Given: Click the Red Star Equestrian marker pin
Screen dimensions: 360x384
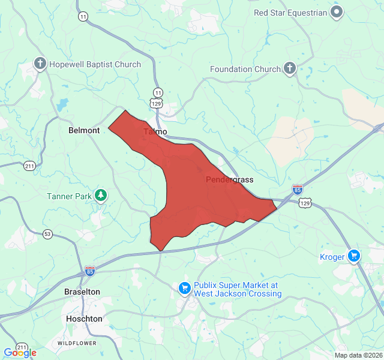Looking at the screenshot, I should point(337,12).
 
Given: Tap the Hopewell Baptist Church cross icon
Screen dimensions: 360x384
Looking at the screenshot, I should point(40,64).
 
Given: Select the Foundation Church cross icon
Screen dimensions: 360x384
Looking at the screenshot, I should point(289,68).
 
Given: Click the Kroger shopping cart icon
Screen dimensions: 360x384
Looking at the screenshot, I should point(354,256).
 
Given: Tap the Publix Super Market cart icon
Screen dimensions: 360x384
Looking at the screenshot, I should point(185,289).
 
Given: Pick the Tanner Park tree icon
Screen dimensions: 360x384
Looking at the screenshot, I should point(101,195).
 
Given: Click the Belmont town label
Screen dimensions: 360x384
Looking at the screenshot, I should point(84,130).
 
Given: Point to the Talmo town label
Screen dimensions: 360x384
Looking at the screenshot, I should point(155,131).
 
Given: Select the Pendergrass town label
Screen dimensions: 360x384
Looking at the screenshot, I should point(230,179).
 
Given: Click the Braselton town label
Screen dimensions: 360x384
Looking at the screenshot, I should point(82,292).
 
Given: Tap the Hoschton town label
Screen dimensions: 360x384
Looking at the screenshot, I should point(83,319).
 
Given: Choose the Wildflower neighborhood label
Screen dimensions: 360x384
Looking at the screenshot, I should point(77,343).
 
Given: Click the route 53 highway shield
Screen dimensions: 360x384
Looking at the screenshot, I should point(47,233).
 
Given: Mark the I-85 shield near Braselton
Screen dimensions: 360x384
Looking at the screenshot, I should point(90,271).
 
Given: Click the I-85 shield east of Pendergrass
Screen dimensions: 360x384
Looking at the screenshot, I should point(298,190).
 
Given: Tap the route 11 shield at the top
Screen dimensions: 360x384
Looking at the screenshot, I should point(82,16).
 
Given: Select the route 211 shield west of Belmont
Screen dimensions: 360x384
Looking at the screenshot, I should point(29,165).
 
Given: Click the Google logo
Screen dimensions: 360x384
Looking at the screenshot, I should point(20,353).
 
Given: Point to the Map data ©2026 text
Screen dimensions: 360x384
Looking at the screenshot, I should point(358,355).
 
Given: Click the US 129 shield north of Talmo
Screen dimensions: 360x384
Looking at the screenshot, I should point(157,103).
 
